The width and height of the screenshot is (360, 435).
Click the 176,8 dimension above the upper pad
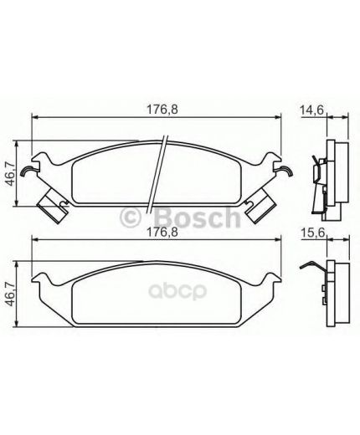(162, 110)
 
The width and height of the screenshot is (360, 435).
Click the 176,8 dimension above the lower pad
(162, 233)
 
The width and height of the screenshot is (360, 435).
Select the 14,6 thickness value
(311, 110)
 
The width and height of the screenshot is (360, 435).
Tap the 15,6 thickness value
(313, 233)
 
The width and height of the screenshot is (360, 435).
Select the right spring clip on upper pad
(286, 170)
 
